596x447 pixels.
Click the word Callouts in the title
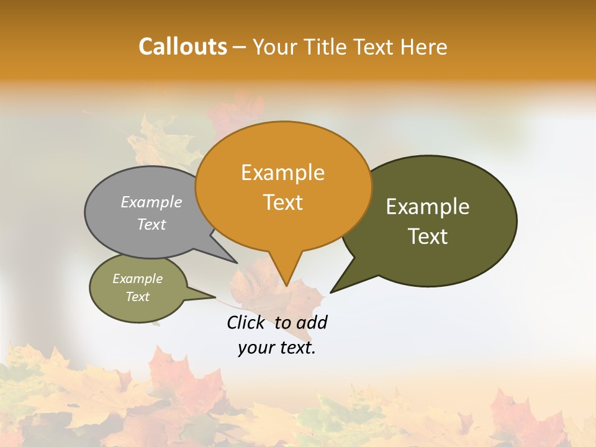[x=183, y=47]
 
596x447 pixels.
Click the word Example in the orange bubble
[x=282, y=173]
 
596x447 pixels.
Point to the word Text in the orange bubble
[x=283, y=202]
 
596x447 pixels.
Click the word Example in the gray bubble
[x=151, y=202]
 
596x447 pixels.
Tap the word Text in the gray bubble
[x=151, y=224]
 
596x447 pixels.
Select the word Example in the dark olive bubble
[x=428, y=207]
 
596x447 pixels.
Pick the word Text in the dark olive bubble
[x=428, y=237]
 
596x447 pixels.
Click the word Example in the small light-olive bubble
[x=137, y=279]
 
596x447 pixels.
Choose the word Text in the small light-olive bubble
[x=137, y=297]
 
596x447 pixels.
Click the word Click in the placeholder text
[x=245, y=322]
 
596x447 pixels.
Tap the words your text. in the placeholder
[x=277, y=348]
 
